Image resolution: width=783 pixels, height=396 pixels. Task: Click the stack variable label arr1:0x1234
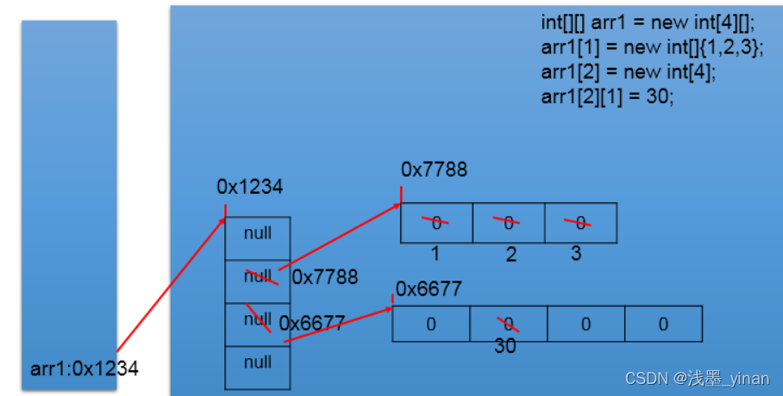pyautogui.click(x=85, y=368)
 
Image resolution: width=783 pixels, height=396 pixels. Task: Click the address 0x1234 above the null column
pyautogui.click(x=250, y=186)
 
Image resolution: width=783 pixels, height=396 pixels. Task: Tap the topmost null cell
pyautogui.click(x=258, y=234)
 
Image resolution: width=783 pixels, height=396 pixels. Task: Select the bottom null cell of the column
pyautogui.click(x=258, y=363)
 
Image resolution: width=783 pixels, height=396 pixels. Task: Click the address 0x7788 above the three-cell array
pyautogui.click(x=434, y=170)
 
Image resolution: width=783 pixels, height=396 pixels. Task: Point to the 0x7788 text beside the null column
pyautogui.click(x=325, y=277)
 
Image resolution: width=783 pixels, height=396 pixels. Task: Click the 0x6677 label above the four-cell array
pyautogui.click(x=429, y=288)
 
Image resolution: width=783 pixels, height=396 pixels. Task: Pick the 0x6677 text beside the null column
pyautogui.click(x=312, y=324)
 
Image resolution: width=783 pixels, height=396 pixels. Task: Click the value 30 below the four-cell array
pyautogui.click(x=505, y=347)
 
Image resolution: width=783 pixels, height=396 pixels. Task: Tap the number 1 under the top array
pyautogui.click(x=435, y=254)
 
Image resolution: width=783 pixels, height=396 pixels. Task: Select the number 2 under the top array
pyautogui.click(x=511, y=255)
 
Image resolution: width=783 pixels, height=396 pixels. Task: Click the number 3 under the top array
pyautogui.click(x=576, y=254)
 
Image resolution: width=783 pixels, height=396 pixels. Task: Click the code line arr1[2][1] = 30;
pyautogui.click(x=607, y=96)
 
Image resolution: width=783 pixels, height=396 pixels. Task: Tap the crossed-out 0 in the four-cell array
pyautogui.click(x=509, y=325)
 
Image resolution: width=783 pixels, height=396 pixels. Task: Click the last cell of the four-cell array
pyautogui.click(x=663, y=325)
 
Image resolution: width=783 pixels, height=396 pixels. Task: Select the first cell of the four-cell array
pyautogui.click(x=431, y=325)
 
